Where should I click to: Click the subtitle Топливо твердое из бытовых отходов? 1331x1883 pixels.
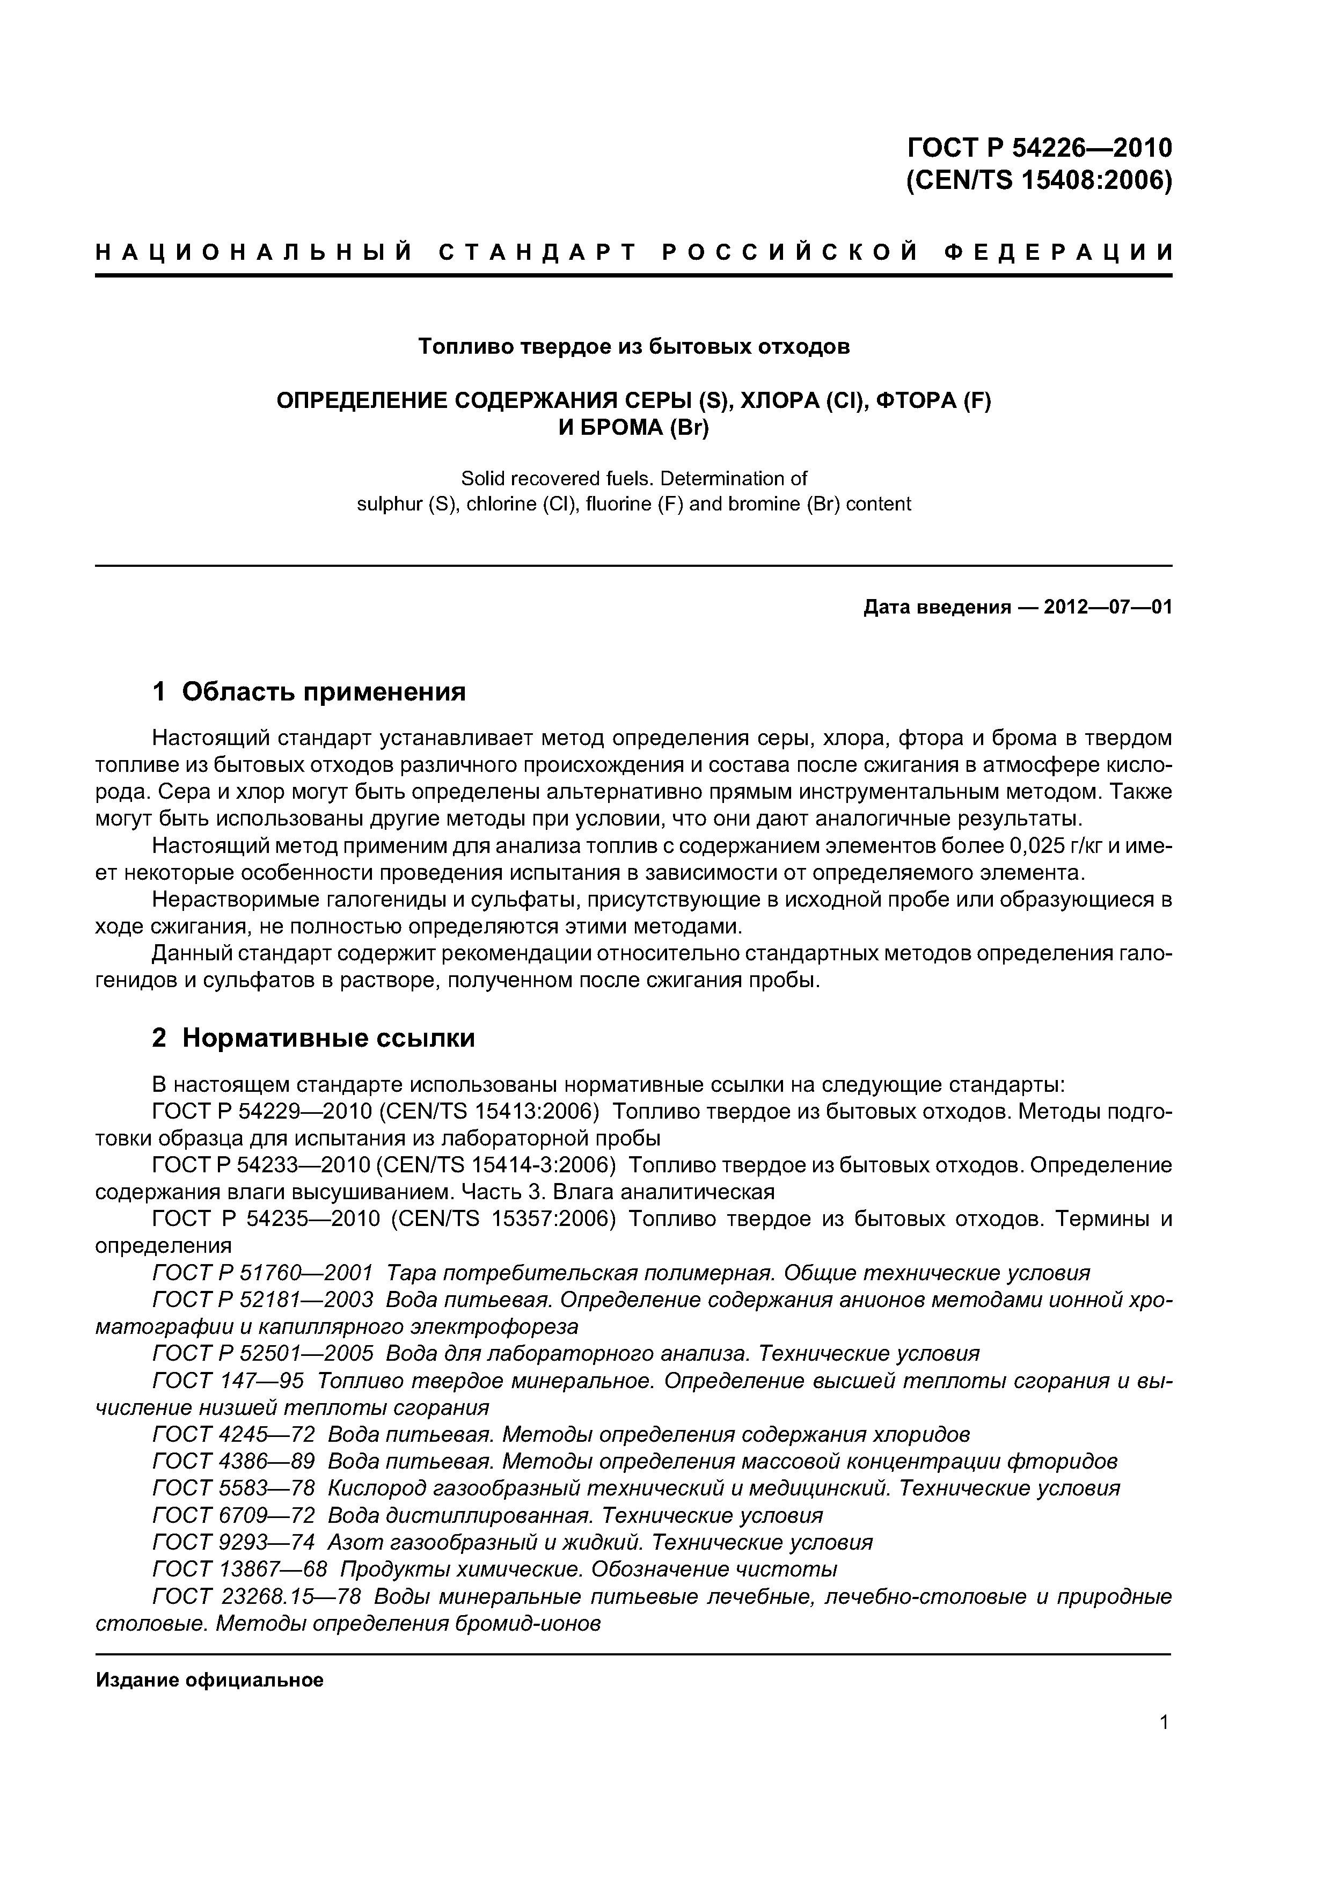[634, 347]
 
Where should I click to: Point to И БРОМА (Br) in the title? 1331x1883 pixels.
[633, 428]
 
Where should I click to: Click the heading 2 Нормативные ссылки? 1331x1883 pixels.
[313, 1038]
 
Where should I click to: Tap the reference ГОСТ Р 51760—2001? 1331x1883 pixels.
[262, 1273]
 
